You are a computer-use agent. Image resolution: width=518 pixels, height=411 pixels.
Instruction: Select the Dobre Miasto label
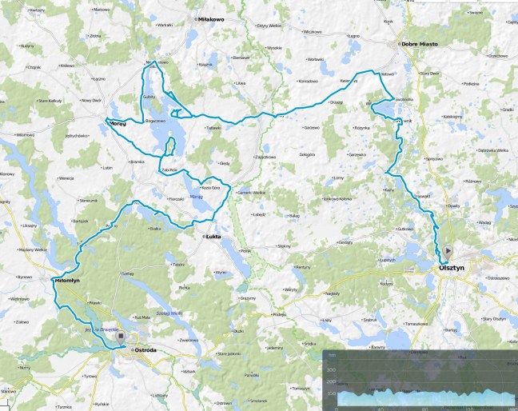pyautogui.click(x=422, y=44)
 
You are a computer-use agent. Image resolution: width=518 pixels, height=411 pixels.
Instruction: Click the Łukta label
pyautogui.click(x=212, y=237)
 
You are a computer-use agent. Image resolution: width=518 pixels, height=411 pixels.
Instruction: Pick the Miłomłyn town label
pyautogui.click(x=65, y=281)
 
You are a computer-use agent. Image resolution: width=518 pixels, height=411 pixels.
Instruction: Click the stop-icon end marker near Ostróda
pyautogui.click(x=121, y=337)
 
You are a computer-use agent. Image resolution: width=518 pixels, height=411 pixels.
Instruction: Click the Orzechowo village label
pyautogui.click(x=498, y=56)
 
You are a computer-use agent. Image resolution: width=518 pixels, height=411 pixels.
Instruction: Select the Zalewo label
pyautogui.click(x=22, y=322)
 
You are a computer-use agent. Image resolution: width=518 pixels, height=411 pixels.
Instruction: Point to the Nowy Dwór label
pyautogui.click(x=90, y=101)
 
